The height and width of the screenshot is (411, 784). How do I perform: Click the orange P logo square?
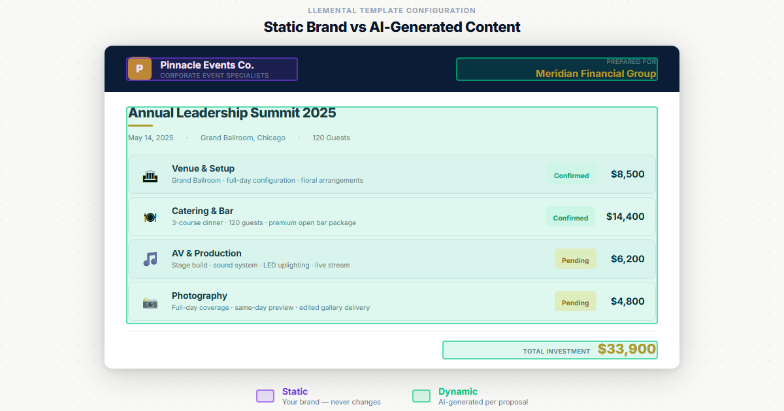pyautogui.click(x=139, y=69)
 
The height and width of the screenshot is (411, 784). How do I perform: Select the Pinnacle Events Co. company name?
pyautogui.click(x=206, y=65)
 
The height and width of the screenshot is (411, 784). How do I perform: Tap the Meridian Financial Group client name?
pyautogui.click(x=595, y=74)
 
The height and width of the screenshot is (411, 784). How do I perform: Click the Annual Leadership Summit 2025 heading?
pyautogui.click(x=232, y=113)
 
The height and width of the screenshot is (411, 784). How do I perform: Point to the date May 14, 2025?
pyautogui.click(x=151, y=138)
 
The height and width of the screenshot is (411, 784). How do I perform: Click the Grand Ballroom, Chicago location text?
pyautogui.click(x=242, y=138)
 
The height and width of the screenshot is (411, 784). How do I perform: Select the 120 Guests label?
pyautogui.click(x=331, y=138)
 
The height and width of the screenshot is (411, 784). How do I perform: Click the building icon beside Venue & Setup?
pyautogui.click(x=150, y=175)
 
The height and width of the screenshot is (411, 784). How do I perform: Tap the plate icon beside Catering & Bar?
pyautogui.click(x=150, y=217)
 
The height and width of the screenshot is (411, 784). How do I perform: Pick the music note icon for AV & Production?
pyautogui.click(x=150, y=260)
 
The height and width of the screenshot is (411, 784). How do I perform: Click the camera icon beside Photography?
pyautogui.click(x=150, y=302)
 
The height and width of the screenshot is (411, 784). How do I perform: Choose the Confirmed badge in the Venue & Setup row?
pyautogui.click(x=571, y=175)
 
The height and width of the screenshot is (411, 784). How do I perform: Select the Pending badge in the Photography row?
pyautogui.click(x=575, y=302)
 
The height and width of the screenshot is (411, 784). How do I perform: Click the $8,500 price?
pyautogui.click(x=627, y=174)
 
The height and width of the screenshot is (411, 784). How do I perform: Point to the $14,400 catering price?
pyautogui.click(x=625, y=217)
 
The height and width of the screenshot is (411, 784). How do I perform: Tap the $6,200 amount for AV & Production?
pyautogui.click(x=627, y=259)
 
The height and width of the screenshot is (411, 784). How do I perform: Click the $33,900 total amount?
pyautogui.click(x=627, y=350)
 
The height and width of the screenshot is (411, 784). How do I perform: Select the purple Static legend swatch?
pyautogui.click(x=265, y=396)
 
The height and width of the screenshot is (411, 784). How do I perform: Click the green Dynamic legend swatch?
pyautogui.click(x=421, y=396)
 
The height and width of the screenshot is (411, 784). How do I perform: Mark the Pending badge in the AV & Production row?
pyautogui.click(x=575, y=260)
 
